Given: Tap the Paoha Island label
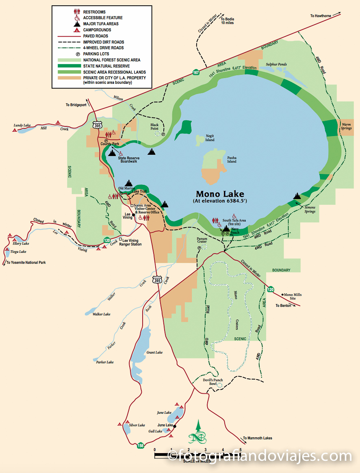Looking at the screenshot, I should click(232, 159).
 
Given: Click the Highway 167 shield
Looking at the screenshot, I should click(196, 72).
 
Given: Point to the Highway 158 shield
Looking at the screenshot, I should click(140, 445).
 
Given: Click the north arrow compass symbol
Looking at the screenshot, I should click(197, 432).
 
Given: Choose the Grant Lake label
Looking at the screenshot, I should click(154, 352).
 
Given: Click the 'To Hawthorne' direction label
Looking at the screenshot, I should click(321, 16).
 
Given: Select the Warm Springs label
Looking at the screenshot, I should click(346, 126).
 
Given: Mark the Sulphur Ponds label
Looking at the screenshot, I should click(276, 64).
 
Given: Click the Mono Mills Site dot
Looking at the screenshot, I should click(282, 294).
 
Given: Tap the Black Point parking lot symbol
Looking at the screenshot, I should click(163, 134).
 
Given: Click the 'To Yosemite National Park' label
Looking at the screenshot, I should click(26, 263).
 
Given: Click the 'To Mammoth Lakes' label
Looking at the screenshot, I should click(258, 438).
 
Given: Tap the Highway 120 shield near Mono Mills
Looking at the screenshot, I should click(271, 289).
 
